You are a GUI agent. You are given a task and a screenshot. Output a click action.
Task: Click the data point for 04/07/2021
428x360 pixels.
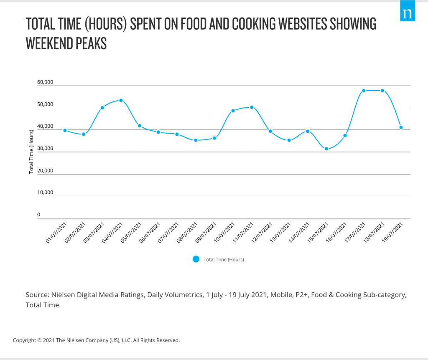click(121, 101)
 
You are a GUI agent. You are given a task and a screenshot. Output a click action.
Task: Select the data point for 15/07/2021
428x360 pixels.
click(326, 149)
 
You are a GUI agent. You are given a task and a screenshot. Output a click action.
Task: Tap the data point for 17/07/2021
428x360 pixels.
click(364, 91)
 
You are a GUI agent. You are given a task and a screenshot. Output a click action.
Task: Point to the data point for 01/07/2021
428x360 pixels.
click(65, 130)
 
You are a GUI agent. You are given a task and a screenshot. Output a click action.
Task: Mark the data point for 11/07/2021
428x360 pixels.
click(252, 107)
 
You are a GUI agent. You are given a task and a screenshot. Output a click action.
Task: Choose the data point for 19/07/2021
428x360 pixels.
click(401, 127)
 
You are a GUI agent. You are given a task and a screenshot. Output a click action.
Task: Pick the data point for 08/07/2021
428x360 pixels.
click(196, 140)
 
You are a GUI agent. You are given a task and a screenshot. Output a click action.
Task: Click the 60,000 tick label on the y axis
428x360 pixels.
click(45, 82)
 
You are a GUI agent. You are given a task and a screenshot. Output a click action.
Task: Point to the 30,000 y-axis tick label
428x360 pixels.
click(45, 148)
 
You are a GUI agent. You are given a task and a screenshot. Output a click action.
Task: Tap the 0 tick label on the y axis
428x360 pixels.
click(39, 215)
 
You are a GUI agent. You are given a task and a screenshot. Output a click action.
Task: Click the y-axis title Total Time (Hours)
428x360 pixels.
click(31, 151)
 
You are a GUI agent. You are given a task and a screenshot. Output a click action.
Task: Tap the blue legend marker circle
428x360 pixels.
click(196, 259)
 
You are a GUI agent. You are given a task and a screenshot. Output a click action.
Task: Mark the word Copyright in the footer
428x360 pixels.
click(25, 340)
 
